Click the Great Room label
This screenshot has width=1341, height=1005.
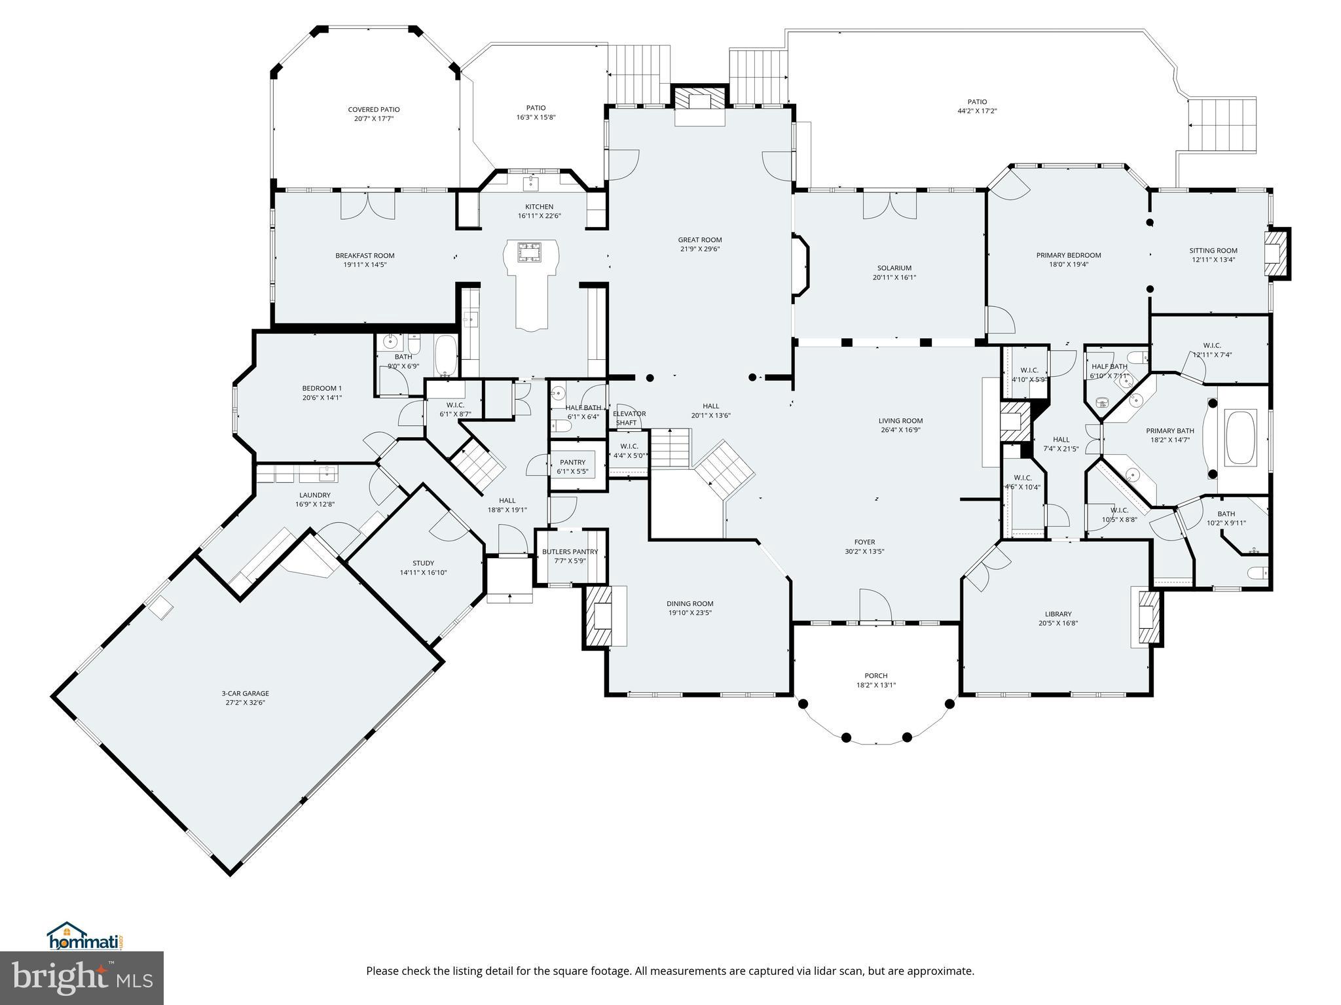tap(699, 240)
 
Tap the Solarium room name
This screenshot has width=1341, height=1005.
tap(894, 268)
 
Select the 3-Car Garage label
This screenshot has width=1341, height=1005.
tap(245, 694)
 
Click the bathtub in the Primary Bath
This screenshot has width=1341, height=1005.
tap(1241, 437)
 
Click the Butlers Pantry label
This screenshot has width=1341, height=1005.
tap(570, 552)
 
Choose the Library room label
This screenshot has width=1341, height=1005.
tap(1057, 614)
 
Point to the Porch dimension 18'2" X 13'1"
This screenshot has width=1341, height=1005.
tap(875, 685)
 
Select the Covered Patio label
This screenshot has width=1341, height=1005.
tap(373, 109)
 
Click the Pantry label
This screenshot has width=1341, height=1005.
tap(572, 462)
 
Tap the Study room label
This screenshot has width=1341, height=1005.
tap(423, 563)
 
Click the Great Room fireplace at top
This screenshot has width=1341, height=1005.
tap(700, 100)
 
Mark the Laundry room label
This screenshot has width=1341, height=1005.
tap(314, 495)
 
